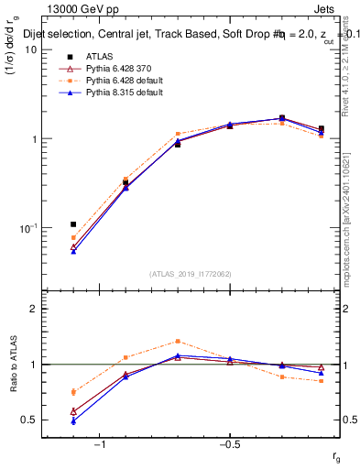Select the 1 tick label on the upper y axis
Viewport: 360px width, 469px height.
click(x=33, y=139)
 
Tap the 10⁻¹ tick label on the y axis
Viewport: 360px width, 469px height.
click(x=27, y=228)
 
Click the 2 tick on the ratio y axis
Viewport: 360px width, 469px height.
click(x=33, y=309)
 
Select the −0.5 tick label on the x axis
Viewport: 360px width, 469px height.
click(x=229, y=445)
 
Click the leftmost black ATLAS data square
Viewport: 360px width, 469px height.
click(x=73, y=224)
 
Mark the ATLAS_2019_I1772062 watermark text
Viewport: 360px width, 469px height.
click(x=191, y=273)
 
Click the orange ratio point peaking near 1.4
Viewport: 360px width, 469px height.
click(x=178, y=341)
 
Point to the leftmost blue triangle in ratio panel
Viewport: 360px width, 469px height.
click(x=73, y=421)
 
